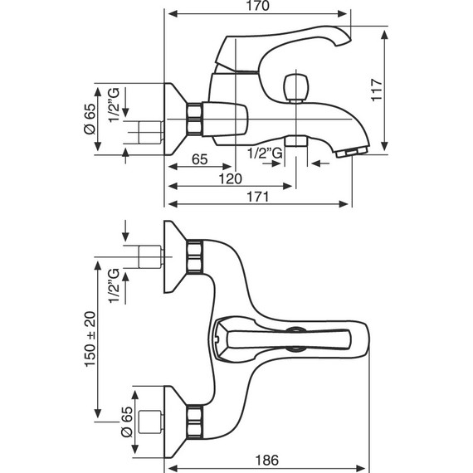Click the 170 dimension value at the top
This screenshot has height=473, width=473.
tap(259, 7)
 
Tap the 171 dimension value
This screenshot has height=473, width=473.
tap(259, 197)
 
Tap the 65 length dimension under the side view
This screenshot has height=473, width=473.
tap(199, 159)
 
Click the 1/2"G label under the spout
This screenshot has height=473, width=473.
tap(266, 152)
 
